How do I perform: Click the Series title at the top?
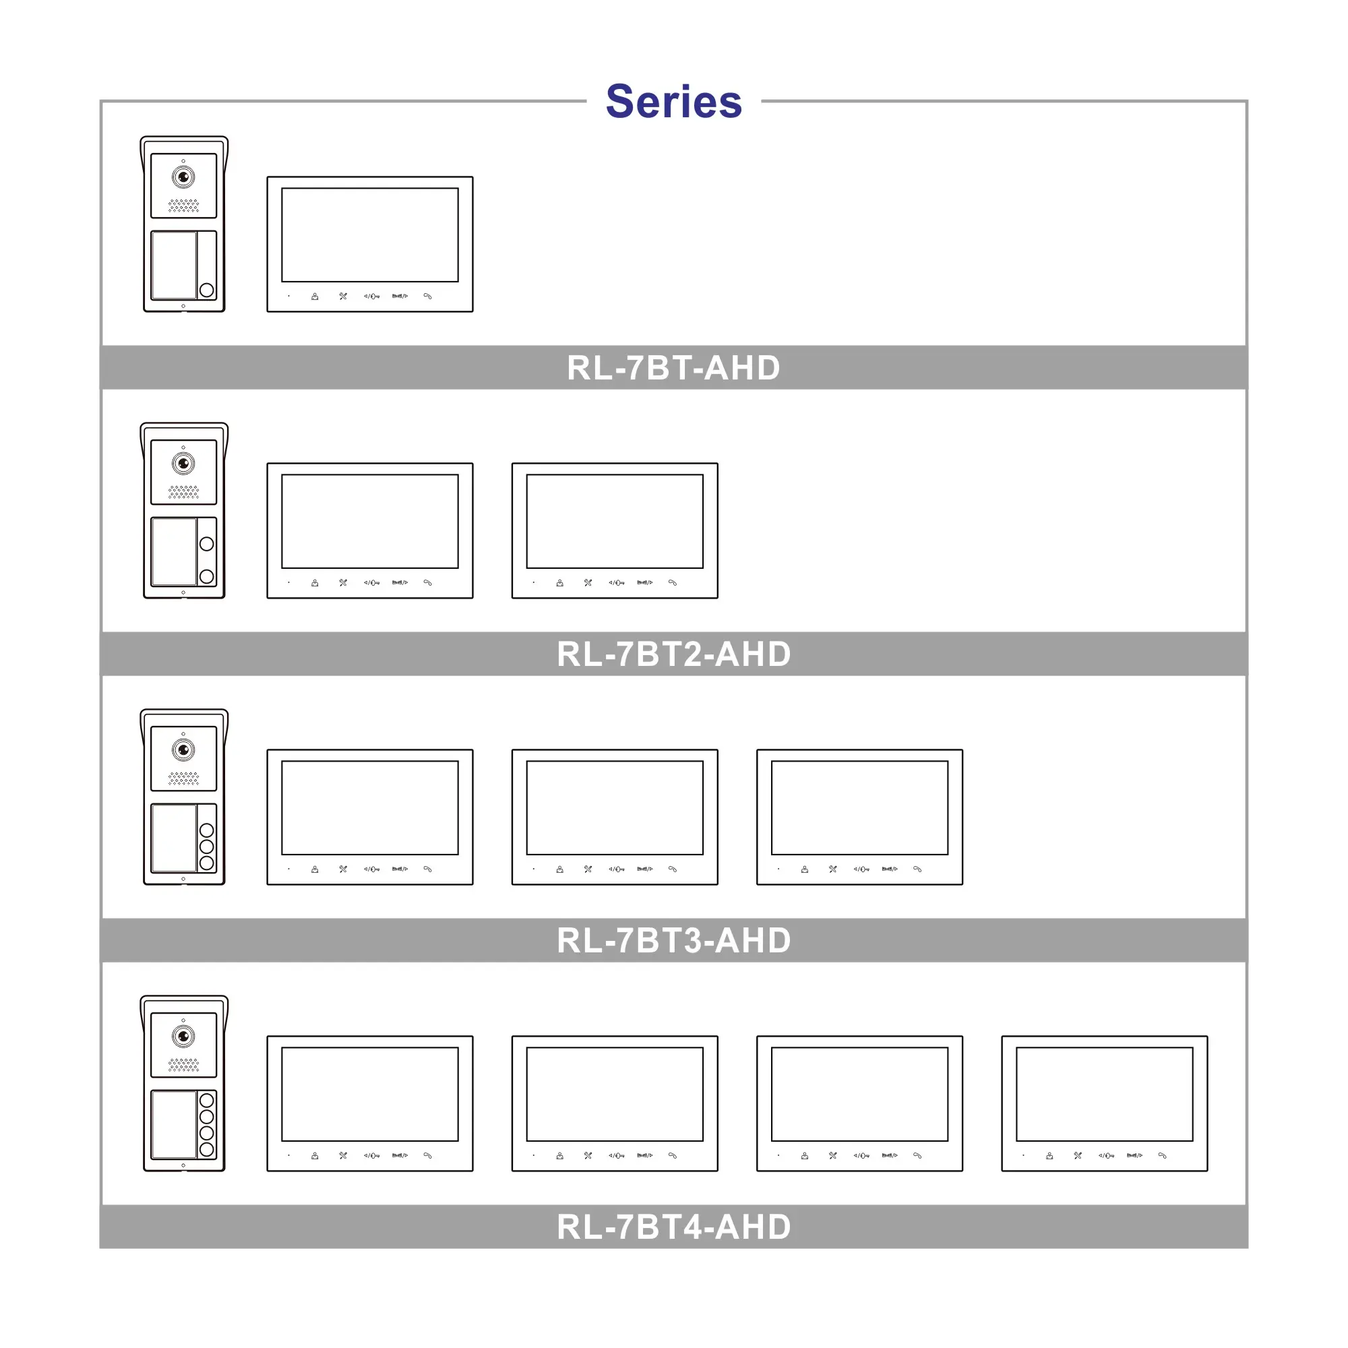[673, 101]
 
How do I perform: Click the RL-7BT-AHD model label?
[673, 368]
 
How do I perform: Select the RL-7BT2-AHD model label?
[673, 654]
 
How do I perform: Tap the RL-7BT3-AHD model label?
[673, 940]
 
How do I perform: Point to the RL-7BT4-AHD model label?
[673, 1227]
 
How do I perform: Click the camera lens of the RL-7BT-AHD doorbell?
[183, 177]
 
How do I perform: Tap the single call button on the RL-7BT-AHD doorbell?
[206, 290]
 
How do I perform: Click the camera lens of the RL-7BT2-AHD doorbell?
[183, 463]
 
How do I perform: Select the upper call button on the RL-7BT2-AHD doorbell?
[206, 543]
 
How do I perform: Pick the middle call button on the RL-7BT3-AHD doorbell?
[206, 847]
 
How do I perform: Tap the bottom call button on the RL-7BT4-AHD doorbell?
[206, 1149]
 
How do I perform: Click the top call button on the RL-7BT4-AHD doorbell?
[206, 1101]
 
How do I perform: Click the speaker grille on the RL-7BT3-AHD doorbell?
[183, 778]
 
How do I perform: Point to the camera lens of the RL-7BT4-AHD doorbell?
[183, 1036]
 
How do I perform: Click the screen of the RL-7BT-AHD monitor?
[370, 235]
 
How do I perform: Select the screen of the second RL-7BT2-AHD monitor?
[615, 521]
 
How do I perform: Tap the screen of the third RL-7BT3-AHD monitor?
[859, 807]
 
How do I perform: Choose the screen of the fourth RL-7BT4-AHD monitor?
[1105, 1094]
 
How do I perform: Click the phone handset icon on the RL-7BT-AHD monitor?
[428, 297]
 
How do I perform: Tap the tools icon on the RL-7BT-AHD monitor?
[343, 297]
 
